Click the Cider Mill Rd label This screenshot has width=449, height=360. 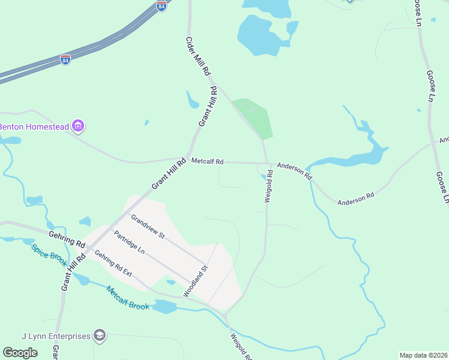[x=199, y=56]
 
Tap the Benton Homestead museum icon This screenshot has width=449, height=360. [x=77, y=126]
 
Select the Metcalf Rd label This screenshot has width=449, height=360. [x=208, y=161]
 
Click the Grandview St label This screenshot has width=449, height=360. [x=148, y=227]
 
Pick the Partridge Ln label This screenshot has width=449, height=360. [x=129, y=242]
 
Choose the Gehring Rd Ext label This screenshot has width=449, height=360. [x=113, y=263]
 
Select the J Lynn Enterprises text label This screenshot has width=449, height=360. [x=55, y=336]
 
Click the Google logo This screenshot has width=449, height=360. [x=20, y=353]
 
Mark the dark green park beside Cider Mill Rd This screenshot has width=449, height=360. [x=255, y=117]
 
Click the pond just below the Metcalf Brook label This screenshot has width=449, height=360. [x=163, y=308]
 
